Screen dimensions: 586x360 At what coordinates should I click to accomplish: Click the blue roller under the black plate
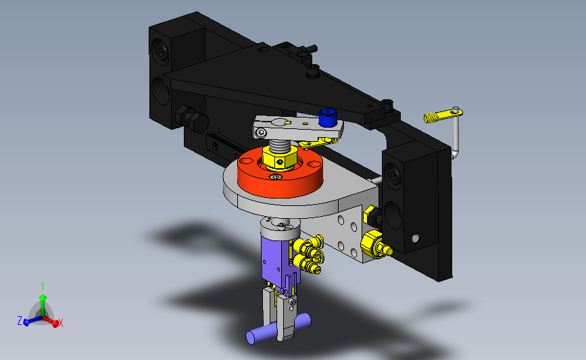[x=328, y=118]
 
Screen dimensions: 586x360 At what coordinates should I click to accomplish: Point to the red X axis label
[x=60, y=323]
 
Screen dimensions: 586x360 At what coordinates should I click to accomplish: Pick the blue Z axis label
[x=20, y=320]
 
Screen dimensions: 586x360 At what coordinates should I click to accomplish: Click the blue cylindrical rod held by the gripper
[x=278, y=329]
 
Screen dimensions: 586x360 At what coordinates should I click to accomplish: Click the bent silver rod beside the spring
[x=456, y=134]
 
